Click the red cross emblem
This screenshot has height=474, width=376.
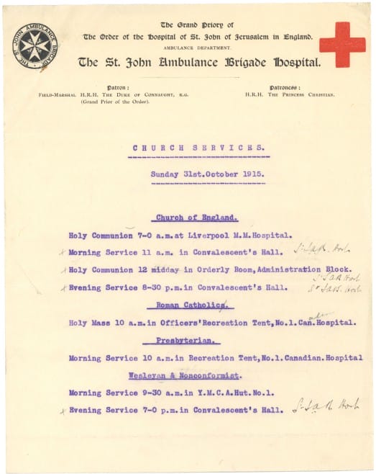[342, 44]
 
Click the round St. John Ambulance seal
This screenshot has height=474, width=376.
[36, 46]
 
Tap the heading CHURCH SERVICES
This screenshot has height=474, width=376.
[197, 148]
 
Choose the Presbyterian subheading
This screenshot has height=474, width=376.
[192, 340]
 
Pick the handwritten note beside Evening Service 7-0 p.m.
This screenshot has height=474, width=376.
[327, 406]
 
